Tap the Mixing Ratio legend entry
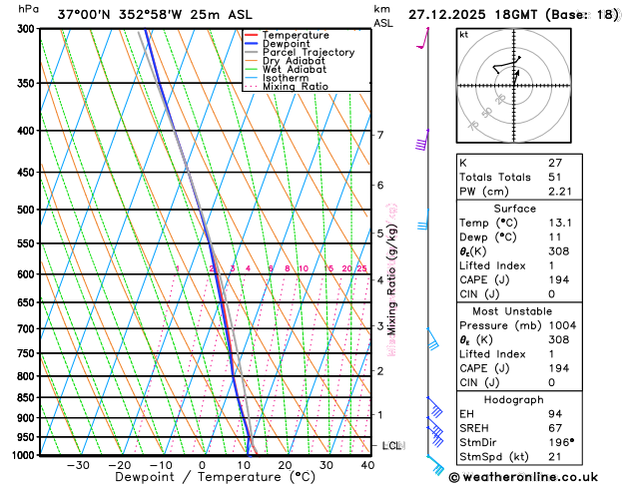pyautogui.click(x=296, y=86)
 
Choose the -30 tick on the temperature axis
pyautogui.click(x=78, y=465)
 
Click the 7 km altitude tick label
pyautogui.click(x=379, y=135)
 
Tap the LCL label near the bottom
pyautogui.click(x=392, y=445)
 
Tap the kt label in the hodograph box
pyautogui.click(x=463, y=35)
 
